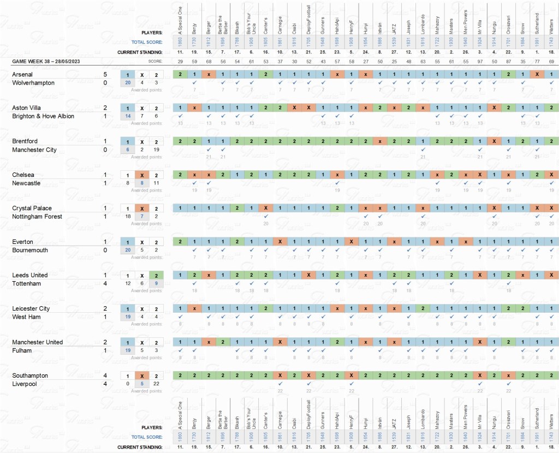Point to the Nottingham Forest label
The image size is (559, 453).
(38, 217)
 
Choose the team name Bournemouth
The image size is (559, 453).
(30, 251)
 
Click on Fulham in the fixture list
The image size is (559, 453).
(22, 351)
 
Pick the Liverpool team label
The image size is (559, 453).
(24, 384)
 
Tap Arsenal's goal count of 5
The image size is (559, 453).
(104, 74)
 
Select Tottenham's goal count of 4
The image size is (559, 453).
(104, 284)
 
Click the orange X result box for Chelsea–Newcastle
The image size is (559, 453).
(142, 175)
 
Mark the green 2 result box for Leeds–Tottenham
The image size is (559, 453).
(156, 275)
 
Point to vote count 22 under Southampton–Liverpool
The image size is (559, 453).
(156, 384)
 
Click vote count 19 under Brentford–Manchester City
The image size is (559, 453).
(156, 150)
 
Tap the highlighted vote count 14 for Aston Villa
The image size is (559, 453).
(128, 116)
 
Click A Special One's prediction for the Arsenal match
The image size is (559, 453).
(180, 74)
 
